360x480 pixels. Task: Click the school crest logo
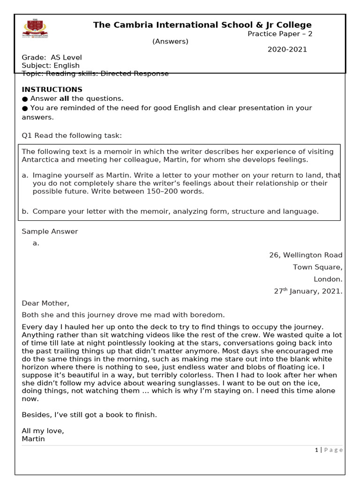click(35, 29)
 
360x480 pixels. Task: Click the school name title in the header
click(202, 25)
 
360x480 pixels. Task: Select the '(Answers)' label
click(170, 41)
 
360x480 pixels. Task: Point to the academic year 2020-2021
click(287, 49)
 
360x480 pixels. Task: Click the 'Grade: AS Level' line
click(52, 58)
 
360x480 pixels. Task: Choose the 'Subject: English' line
click(51, 66)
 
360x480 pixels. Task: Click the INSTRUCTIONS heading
click(52, 90)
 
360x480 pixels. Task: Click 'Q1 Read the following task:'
click(72, 135)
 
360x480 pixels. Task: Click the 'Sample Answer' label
click(50, 231)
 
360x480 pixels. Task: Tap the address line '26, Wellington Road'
click(306, 255)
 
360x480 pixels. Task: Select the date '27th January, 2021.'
click(308, 291)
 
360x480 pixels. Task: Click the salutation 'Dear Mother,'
click(45, 303)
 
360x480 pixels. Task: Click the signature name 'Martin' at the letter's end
click(33, 439)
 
